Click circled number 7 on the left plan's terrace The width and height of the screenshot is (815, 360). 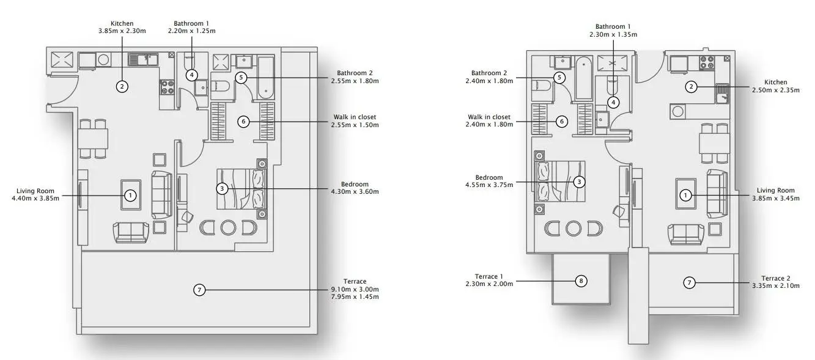click(199, 290)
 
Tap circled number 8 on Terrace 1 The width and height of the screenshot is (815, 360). click(581, 281)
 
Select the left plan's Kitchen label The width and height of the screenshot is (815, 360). click(122, 24)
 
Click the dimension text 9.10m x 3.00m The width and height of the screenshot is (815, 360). click(355, 290)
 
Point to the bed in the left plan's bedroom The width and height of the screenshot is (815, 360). click(242, 189)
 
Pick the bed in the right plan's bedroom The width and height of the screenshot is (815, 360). click(559, 182)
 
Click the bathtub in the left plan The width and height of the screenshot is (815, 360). click(266, 78)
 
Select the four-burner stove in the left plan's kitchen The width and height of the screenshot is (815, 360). click(167, 87)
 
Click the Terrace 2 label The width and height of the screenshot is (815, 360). click(776, 278)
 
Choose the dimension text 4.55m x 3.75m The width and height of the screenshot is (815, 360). click(489, 185)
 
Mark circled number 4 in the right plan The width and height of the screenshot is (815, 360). click(613, 103)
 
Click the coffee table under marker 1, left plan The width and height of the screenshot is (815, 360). click(131, 194)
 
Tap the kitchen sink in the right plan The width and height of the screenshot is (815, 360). click(723, 94)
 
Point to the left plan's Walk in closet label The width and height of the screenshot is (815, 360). click(355, 117)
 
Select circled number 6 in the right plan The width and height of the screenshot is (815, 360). click(562, 122)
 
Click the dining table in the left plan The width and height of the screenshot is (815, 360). click(93, 139)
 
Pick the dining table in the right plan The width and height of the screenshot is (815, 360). click(714, 144)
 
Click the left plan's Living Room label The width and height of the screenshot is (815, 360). click(35, 191)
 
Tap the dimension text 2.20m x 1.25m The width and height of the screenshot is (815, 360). click(191, 31)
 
